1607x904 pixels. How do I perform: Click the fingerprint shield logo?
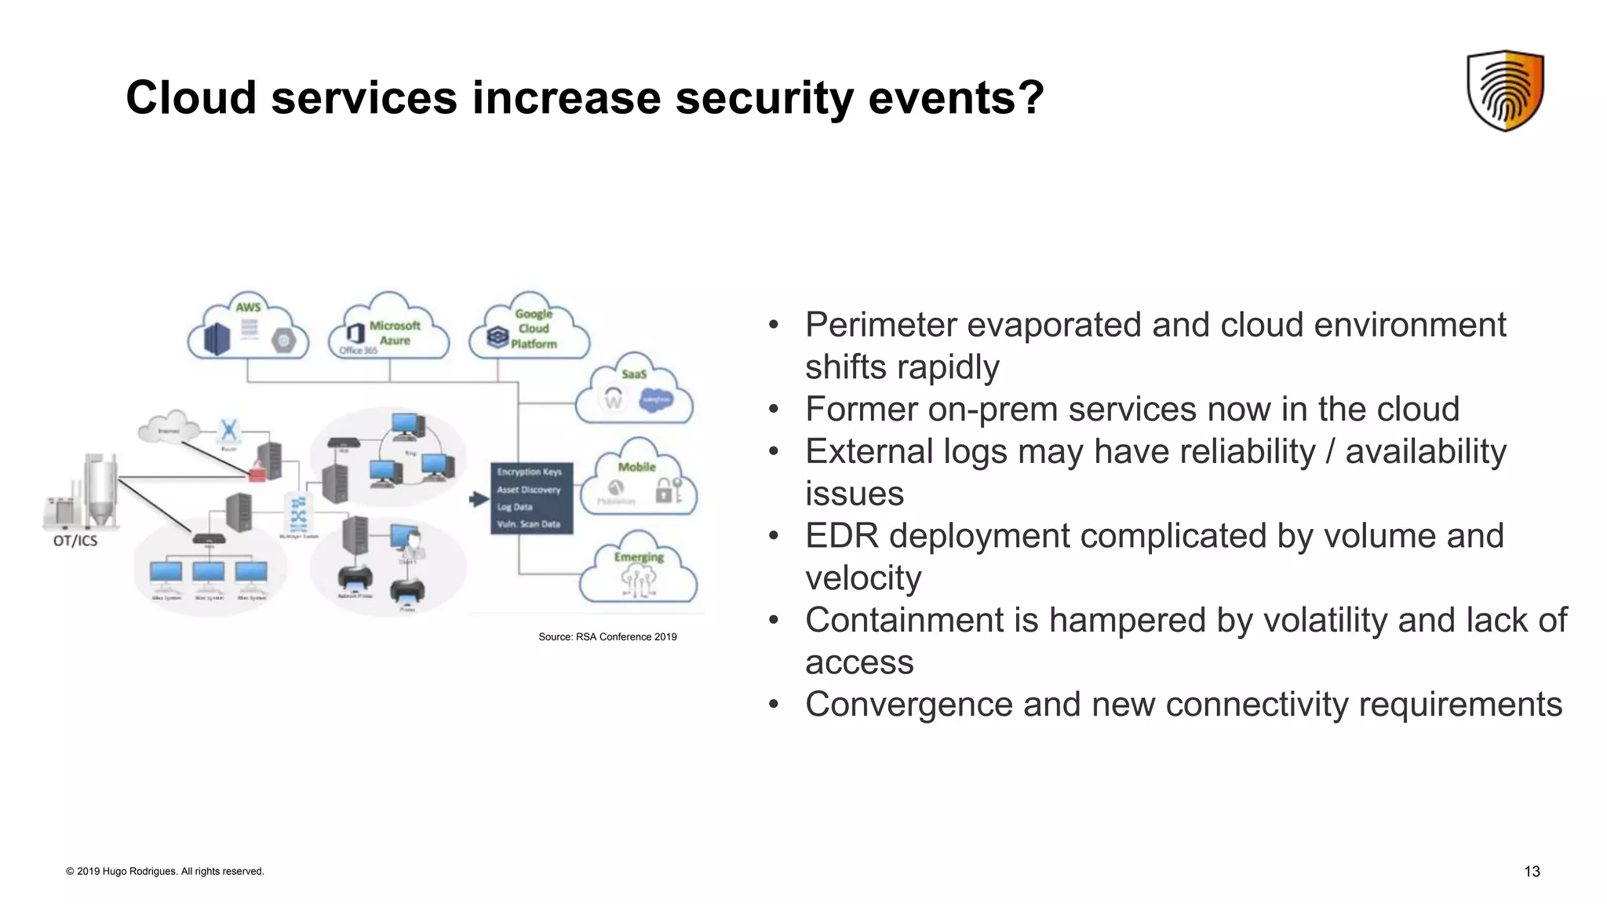point(1505,91)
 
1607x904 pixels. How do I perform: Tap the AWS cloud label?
point(248,307)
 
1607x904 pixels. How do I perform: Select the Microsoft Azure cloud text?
point(395,333)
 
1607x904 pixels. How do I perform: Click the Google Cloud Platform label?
point(534,329)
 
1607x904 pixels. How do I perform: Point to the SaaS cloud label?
point(634,374)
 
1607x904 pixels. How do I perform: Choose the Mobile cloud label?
point(636,467)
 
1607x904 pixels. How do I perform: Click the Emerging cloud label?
point(639,557)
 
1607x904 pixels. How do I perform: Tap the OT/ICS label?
point(75,541)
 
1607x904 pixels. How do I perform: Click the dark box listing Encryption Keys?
point(531,498)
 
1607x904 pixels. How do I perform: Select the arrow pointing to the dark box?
point(479,499)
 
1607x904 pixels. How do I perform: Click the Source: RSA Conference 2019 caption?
point(607,636)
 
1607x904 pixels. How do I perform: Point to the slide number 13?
point(1532,871)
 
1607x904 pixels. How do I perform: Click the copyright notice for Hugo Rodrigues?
point(165,871)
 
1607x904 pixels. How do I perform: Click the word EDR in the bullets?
point(841,536)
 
